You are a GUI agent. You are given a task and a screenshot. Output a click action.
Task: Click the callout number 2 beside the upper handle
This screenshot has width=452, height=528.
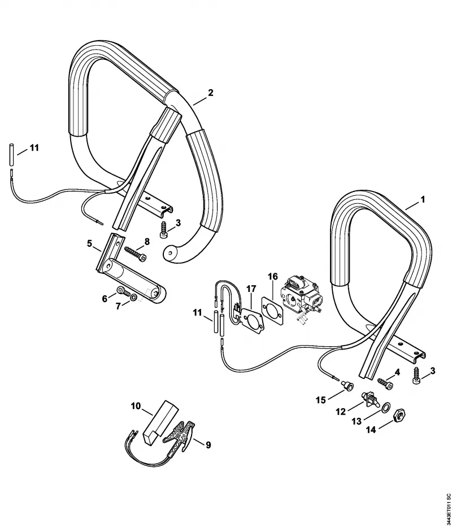(211, 93)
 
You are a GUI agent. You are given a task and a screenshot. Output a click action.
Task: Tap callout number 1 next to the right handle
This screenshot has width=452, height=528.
(423, 199)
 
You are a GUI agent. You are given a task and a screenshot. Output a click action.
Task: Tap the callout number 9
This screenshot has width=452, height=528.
(208, 445)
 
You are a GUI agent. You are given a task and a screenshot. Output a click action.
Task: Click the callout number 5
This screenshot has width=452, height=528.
(89, 243)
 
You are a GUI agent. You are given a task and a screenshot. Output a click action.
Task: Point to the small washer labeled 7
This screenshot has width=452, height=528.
(133, 298)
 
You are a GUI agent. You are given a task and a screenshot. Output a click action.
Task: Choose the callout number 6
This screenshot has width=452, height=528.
(105, 298)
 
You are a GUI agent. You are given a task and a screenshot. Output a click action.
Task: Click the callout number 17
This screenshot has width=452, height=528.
(251, 289)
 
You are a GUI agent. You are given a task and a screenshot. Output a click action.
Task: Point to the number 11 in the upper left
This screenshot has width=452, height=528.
(34, 147)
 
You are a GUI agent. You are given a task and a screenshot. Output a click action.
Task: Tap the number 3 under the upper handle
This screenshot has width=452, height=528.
(178, 222)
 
